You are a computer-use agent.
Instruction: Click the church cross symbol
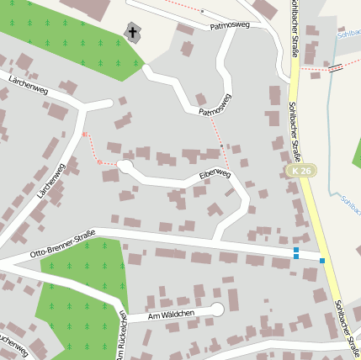point(131,33)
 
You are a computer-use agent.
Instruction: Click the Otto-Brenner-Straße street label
point(63,242)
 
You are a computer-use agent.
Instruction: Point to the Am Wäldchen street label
point(171,315)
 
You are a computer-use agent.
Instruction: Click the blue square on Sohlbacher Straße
point(322,261)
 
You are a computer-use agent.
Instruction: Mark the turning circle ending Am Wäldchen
point(217,310)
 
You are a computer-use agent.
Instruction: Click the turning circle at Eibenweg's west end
point(125,167)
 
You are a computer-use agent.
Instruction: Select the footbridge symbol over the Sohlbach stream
point(336,67)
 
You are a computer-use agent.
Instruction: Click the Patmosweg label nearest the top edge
point(231,27)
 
